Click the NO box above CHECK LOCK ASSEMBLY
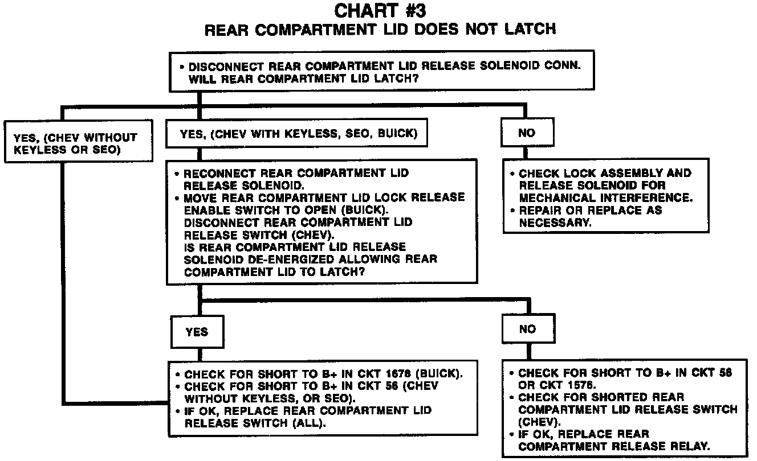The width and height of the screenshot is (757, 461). (527, 134)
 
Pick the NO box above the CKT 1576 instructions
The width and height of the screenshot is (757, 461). (527, 329)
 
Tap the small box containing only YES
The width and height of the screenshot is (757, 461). (197, 331)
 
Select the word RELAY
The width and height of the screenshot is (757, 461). (695, 446)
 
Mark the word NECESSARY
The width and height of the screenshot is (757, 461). (555, 223)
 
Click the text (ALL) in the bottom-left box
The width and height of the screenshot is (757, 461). (316, 423)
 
